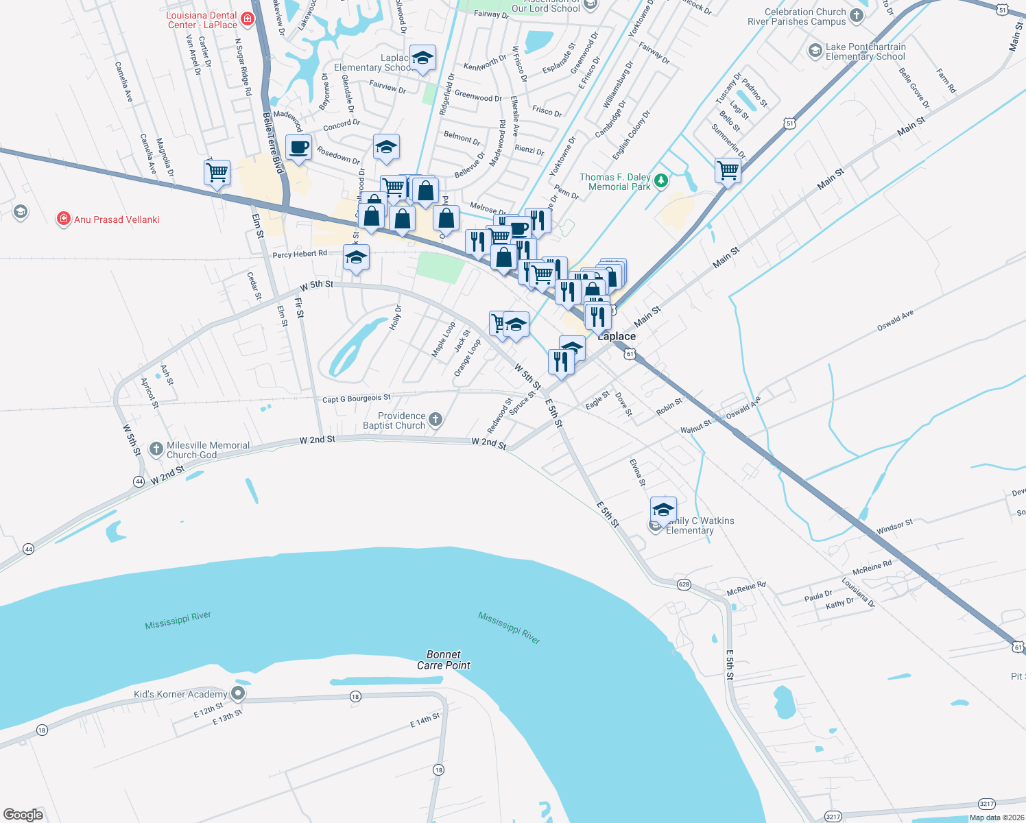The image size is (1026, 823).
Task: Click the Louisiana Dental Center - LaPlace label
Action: tap(202, 20)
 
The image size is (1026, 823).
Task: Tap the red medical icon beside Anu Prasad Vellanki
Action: tap(64, 219)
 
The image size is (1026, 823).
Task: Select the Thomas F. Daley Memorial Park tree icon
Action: tap(660, 181)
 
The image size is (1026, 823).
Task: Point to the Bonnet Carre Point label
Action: tap(444, 660)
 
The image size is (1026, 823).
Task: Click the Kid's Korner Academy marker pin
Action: tap(238, 693)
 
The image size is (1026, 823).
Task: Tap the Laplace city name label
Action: tap(617, 336)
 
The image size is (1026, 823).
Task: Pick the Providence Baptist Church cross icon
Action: tap(436, 419)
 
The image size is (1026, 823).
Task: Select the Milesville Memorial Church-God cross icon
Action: tap(156, 449)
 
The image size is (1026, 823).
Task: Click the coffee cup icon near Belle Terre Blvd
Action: tap(298, 147)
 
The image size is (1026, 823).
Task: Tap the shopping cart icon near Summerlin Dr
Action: tap(728, 169)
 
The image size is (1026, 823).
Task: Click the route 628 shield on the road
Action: tap(684, 584)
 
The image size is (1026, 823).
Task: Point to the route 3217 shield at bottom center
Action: tap(833, 816)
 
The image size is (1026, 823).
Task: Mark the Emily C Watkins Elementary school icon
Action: tap(663, 510)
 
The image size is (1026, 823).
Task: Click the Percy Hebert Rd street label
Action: tap(300, 254)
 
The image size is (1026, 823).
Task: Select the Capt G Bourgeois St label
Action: tap(356, 398)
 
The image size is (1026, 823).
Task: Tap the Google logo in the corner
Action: tap(23, 815)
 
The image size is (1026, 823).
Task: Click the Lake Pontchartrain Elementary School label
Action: tap(866, 51)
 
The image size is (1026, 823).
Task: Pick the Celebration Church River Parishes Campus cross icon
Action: tap(857, 15)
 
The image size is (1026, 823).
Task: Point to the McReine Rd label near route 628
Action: tap(746, 587)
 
